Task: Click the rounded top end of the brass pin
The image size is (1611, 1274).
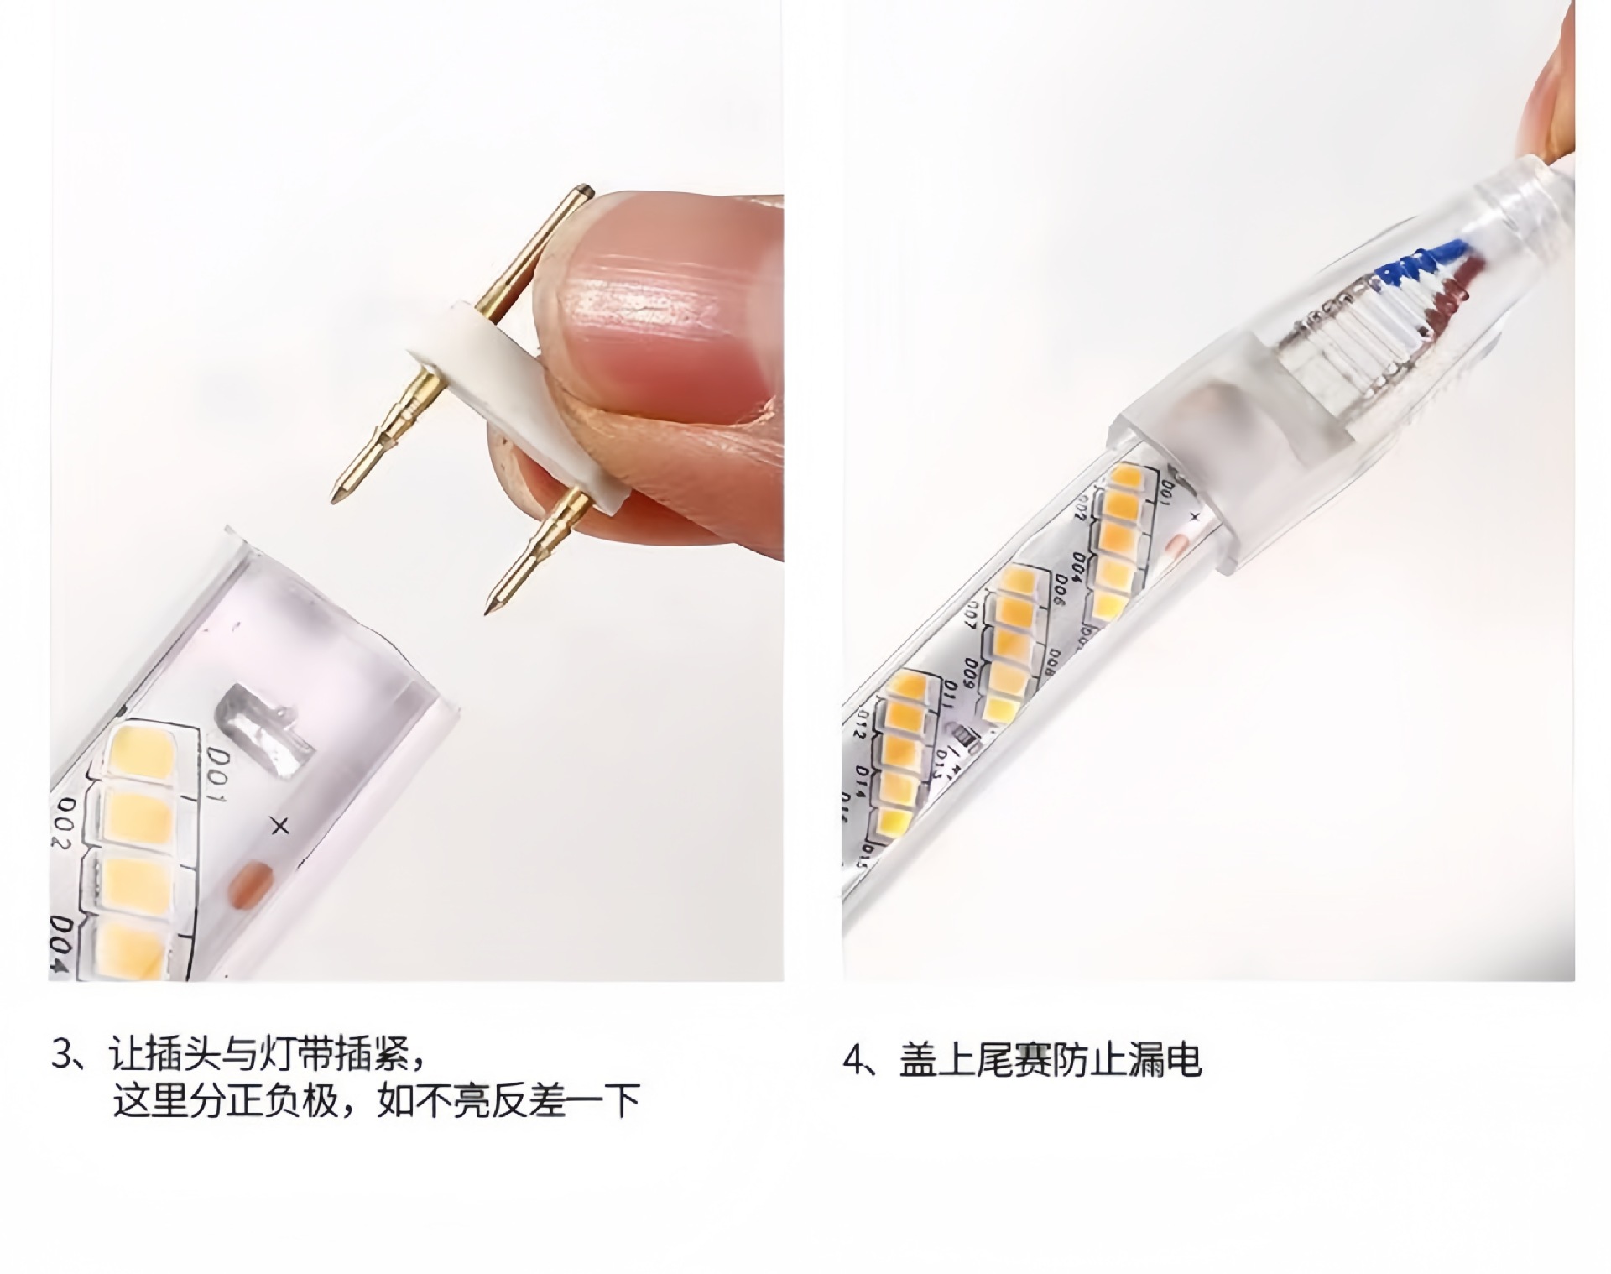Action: (x=585, y=191)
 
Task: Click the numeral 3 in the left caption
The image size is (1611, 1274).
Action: (x=64, y=1055)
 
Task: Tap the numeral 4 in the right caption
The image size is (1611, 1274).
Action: (x=854, y=1061)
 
